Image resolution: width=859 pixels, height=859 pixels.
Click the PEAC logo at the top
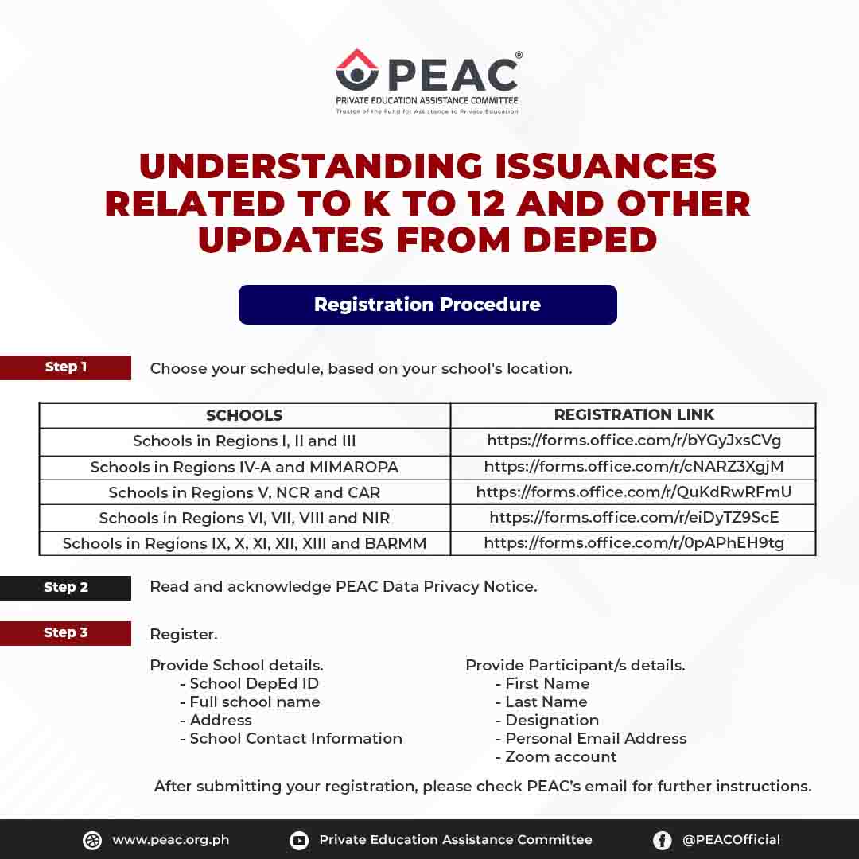427,80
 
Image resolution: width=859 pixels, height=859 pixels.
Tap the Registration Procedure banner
427,305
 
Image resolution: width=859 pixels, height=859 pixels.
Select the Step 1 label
65,367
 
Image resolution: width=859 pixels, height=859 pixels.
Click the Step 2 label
65,588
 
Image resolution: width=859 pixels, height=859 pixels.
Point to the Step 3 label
65,633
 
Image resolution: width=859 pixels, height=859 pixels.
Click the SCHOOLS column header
244,415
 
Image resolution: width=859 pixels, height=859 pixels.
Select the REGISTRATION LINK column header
634,414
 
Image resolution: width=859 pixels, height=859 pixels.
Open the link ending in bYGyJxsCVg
634,441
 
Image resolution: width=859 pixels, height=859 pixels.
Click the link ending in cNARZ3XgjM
634,467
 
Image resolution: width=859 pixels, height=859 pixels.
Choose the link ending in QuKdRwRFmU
634,492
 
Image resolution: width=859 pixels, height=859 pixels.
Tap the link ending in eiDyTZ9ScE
634,518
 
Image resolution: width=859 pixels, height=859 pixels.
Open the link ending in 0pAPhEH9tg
634,543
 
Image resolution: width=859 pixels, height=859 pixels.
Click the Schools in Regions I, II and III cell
244,441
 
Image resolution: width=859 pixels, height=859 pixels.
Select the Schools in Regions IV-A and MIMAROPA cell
244,467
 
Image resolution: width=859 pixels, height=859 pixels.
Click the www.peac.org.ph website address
170,840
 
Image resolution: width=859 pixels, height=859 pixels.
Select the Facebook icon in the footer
662,841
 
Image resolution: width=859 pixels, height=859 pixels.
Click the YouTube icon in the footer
299,841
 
